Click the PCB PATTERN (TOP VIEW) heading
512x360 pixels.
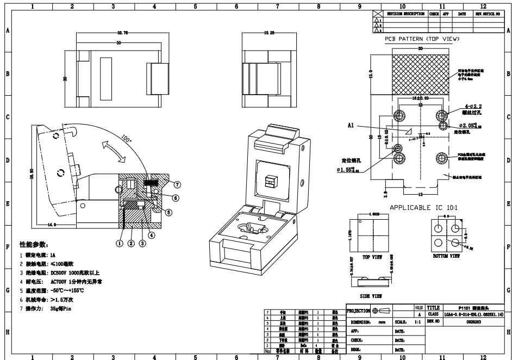[x=422, y=40]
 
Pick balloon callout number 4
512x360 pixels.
[x=152, y=235]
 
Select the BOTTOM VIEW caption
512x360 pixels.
[x=447, y=255]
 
